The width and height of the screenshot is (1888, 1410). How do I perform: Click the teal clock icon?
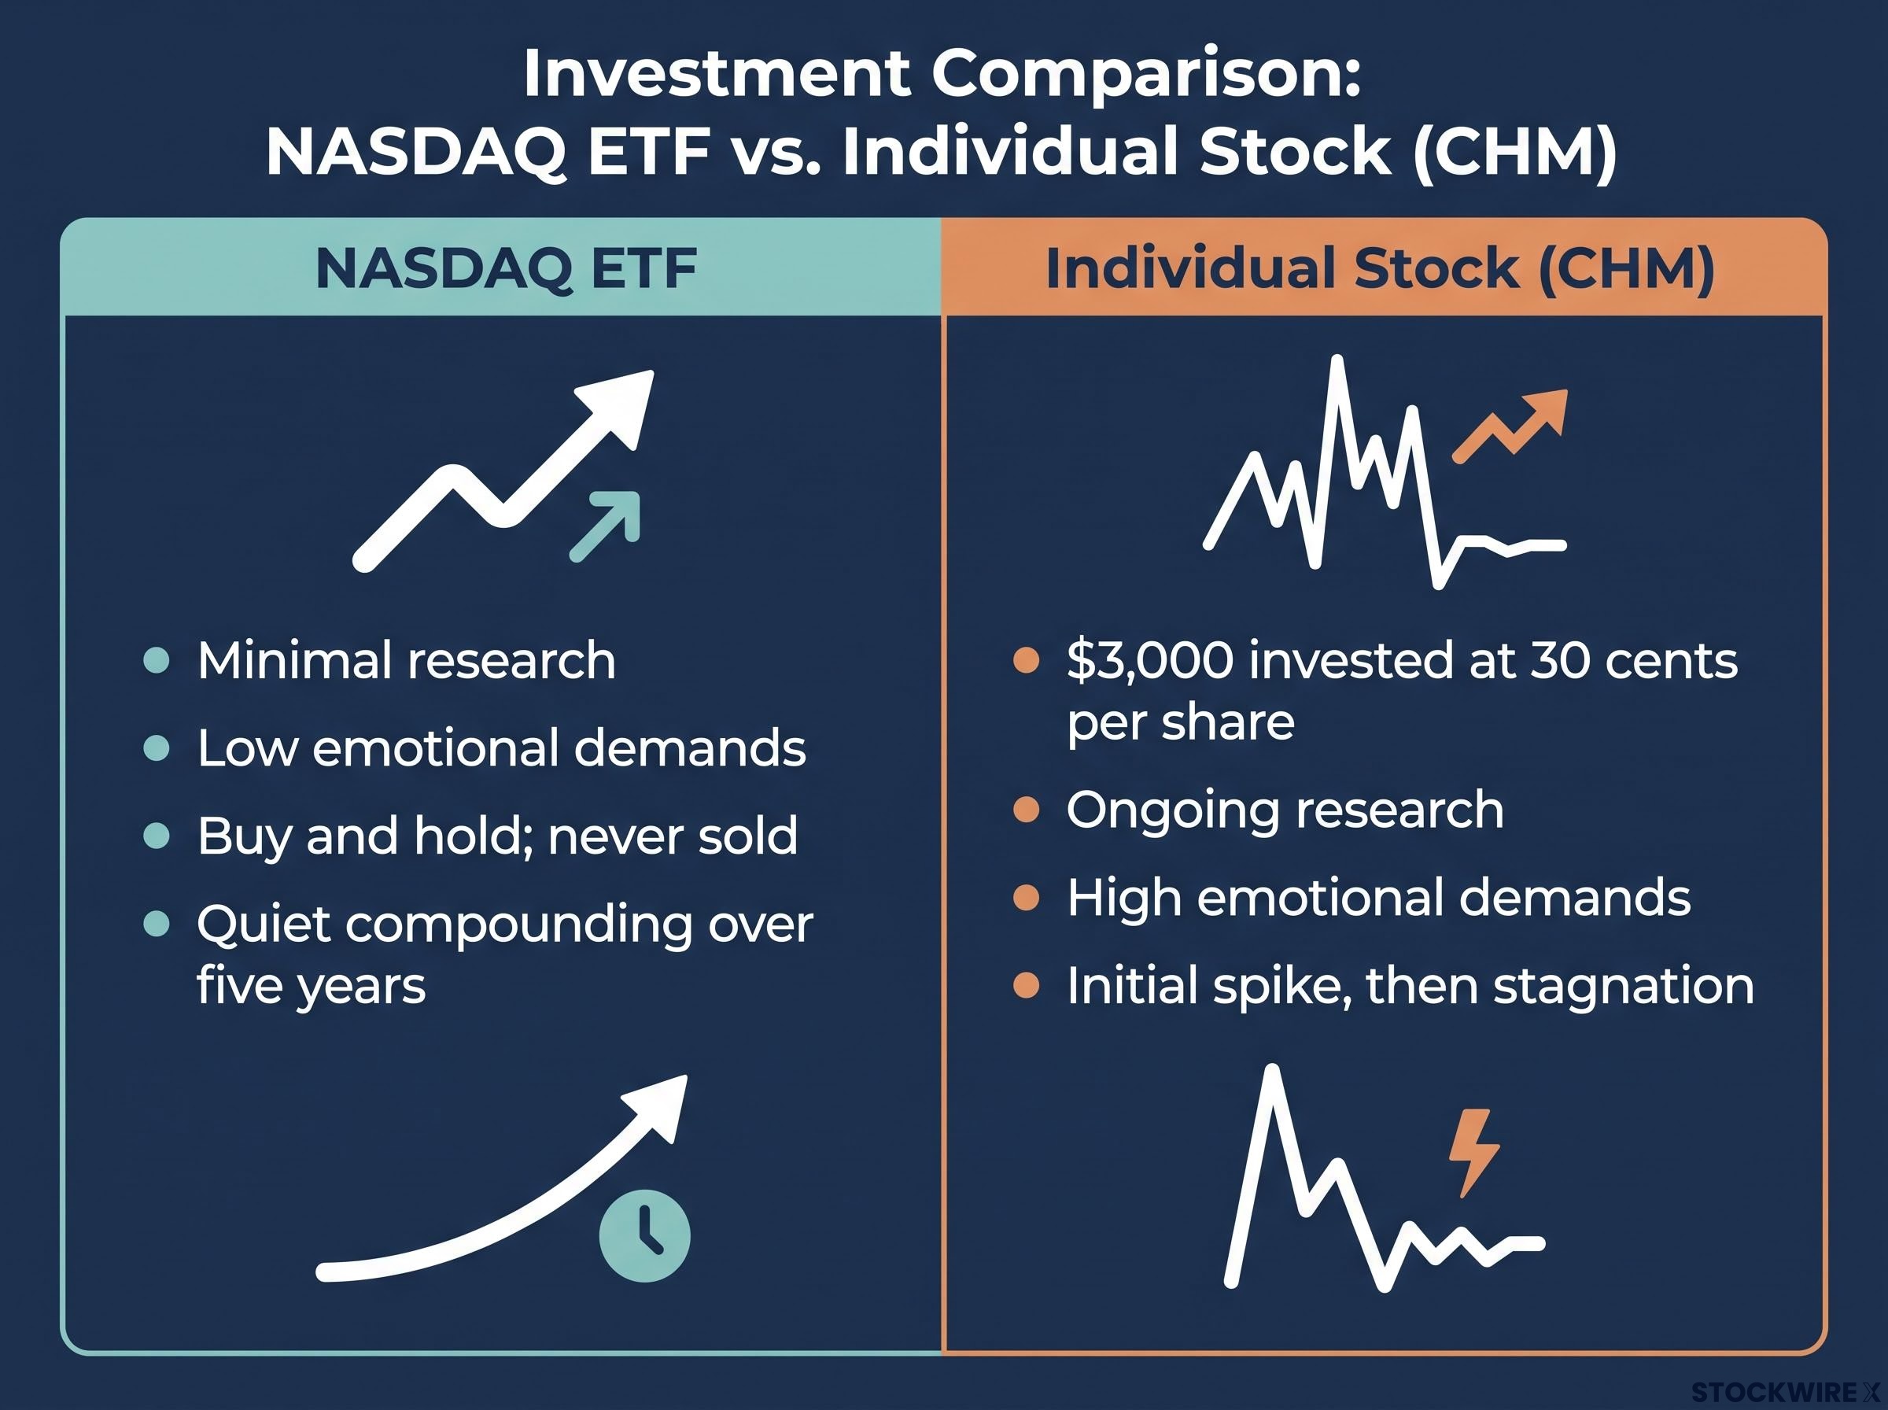[644, 1236]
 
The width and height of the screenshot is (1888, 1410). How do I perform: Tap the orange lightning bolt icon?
[1473, 1151]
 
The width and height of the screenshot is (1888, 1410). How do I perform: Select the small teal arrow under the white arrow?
[605, 526]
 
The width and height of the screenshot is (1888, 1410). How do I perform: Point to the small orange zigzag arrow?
[1510, 426]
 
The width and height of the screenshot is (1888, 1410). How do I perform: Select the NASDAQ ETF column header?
[507, 268]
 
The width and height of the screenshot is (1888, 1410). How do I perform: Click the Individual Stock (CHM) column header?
[1380, 269]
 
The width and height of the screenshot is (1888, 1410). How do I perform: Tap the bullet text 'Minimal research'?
[406, 661]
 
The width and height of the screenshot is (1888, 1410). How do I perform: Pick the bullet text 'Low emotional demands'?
[502, 748]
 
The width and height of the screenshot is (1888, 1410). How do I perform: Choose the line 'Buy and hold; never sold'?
[497, 836]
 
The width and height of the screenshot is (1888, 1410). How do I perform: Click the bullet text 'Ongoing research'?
[1285, 810]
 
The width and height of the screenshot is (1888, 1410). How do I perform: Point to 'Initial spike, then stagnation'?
[1410, 986]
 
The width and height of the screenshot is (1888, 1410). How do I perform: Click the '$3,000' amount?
[1150, 662]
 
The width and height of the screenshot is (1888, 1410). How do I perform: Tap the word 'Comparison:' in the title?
[1144, 74]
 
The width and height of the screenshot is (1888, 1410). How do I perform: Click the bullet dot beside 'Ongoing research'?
[1027, 810]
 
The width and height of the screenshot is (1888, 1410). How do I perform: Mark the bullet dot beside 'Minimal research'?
[157, 661]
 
